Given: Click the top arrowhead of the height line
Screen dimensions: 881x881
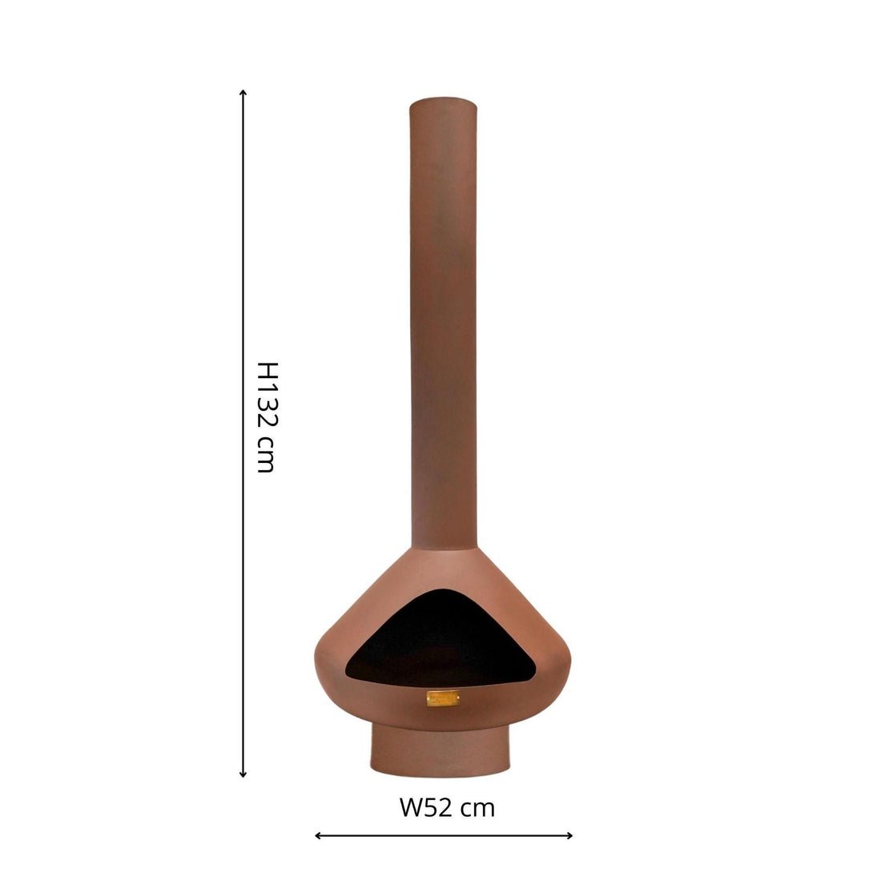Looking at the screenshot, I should pos(243,92).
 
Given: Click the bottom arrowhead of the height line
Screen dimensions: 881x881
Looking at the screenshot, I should pos(243,774).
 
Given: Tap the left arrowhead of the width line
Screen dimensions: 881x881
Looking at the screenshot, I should pos(317,835).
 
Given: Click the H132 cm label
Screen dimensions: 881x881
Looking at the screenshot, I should pos(266,416).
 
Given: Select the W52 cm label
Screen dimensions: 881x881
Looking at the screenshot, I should pos(447,807).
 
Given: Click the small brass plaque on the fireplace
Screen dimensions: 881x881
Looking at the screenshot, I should pos(443,698).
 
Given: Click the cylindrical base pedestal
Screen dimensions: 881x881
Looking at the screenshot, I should pos(440,749).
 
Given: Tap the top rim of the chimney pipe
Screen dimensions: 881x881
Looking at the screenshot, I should pos(445,102).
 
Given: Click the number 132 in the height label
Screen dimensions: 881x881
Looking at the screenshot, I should pos(266,408).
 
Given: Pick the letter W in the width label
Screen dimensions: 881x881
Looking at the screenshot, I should pos(410,807).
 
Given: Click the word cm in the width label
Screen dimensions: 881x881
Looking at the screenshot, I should pos(478,808).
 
